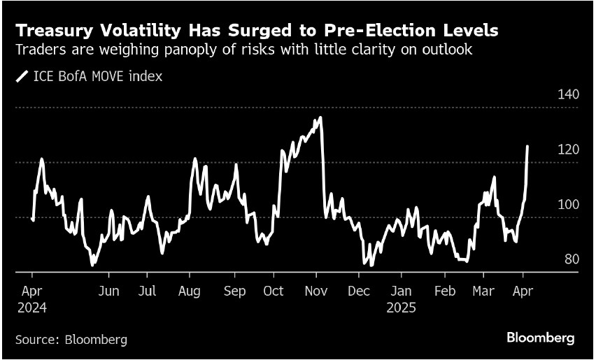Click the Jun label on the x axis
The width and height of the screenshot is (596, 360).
(108, 291)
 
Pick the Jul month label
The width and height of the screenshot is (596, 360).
(147, 291)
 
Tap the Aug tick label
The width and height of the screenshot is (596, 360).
(190, 291)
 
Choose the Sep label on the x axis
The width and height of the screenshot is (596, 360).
(234, 291)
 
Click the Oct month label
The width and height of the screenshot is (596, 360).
(274, 291)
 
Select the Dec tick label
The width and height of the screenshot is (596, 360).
(359, 291)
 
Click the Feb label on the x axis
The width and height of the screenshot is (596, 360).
(445, 291)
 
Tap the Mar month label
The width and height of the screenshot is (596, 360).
(483, 291)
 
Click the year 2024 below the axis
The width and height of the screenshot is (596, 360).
(33, 308)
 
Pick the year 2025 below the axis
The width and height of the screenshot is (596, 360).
(402, 308)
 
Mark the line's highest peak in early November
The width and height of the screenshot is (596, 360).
(320, 117)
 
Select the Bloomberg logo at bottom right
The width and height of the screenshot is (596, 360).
(540, 338)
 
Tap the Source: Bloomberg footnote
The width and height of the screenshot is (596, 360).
(71, 340)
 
